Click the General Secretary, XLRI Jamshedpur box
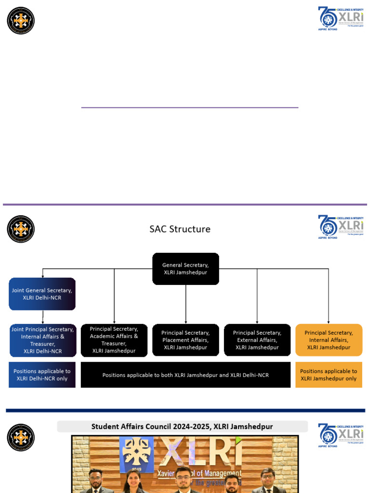tap(185, 269)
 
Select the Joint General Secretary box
tap(42, 294)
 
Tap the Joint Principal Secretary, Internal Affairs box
tap(42, 340)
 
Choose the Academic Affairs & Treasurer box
tap(114, 340)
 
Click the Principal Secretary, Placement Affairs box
tap(185, 340)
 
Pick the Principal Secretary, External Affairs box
tap(257, 340)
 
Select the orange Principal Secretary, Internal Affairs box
tap(329, 340)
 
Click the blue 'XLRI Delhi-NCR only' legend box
tap(42, 375)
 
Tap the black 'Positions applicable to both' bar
tap(185, 375)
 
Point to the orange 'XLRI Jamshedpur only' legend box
tap(329, 375)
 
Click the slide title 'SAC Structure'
tap(180, 229)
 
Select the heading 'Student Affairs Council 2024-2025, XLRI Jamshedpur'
tap(182, 427)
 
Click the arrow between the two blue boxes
tap(42, 317)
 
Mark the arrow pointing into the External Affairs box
tap(257, 296)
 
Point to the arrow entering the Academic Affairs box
tap(114, 296)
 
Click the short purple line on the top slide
tap(189, 107)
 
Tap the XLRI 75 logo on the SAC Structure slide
tap(340, 227)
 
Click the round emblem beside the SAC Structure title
tap(21, 229)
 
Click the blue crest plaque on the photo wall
tap(137, 454)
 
